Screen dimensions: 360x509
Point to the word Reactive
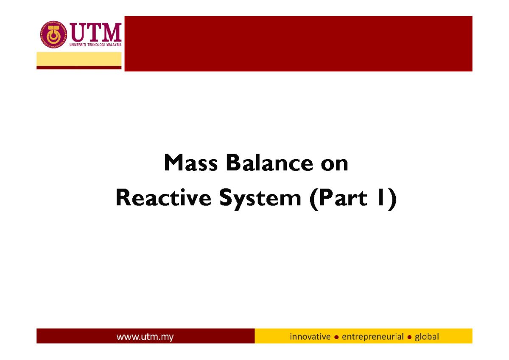tap(163, 199)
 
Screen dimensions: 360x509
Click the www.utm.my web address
tap(145, 337)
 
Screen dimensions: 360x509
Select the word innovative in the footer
tap(310, 337)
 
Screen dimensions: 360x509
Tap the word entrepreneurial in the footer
tap(372, 337)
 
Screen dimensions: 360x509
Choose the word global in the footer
tap(427, 337)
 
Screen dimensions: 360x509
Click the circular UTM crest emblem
tap(53, 35)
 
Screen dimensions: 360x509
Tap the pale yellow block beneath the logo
tap(79, 59)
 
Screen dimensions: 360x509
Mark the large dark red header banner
tap(298, 44)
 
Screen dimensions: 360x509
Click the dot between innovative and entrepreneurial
tap(336, 337)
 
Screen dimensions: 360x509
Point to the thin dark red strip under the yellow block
tap(79, 67)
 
